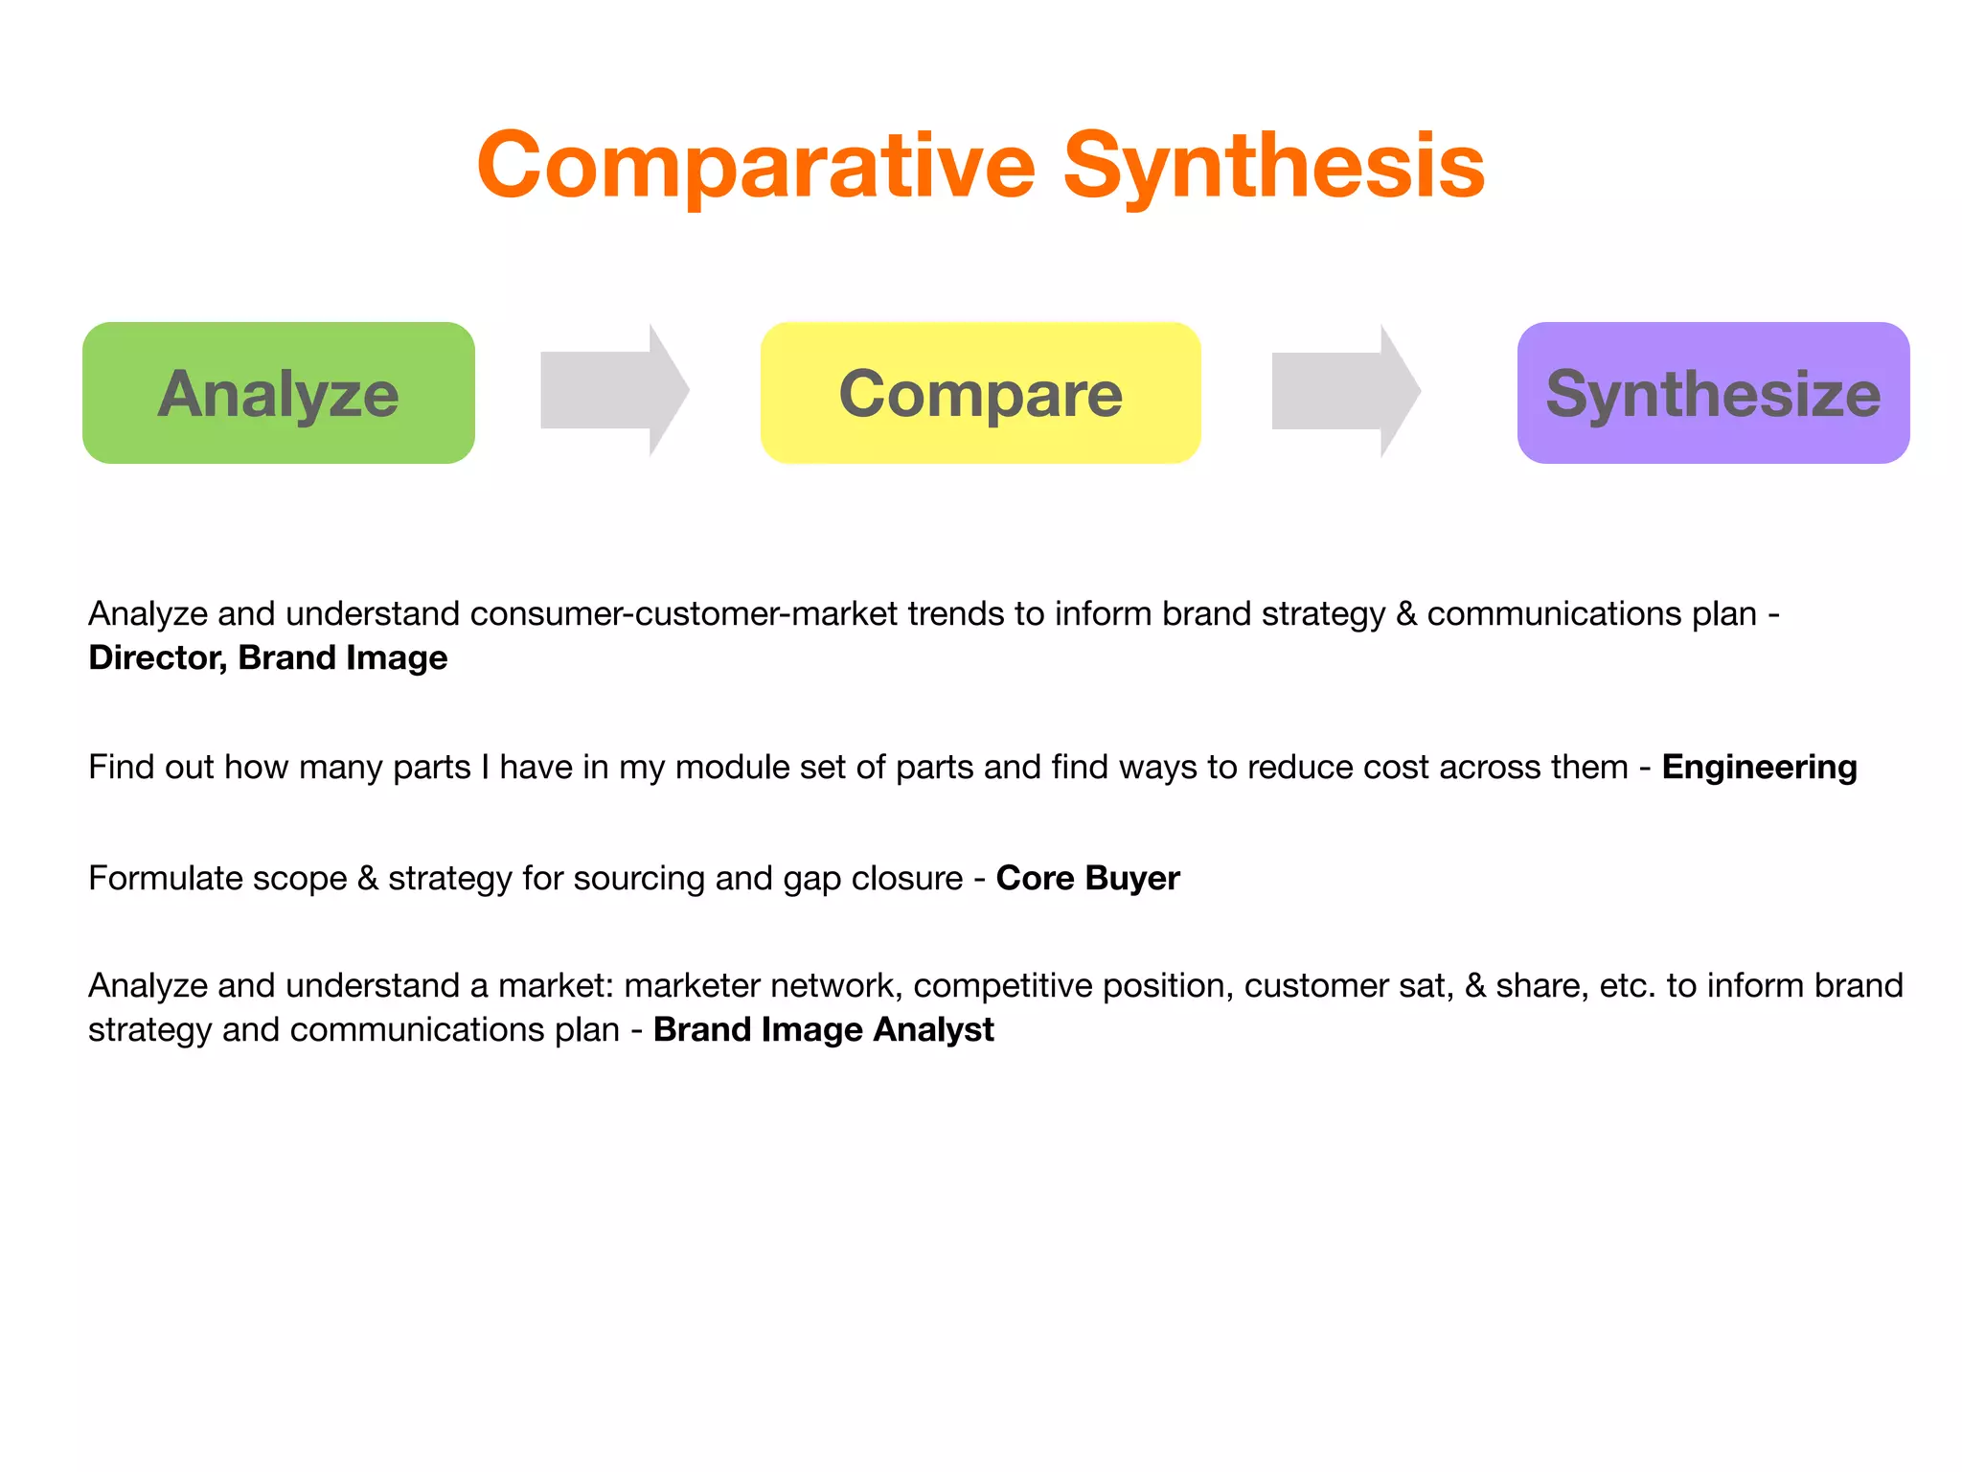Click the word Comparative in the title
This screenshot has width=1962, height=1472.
pyautogui.click(x=756, y=166)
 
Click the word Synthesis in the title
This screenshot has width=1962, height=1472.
pyautogui.click(x=1273, y=166)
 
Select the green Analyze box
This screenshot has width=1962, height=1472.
pyautogui.click(x=278, y=393)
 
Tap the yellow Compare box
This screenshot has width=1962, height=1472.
pyautogui.click(x=980, y=393)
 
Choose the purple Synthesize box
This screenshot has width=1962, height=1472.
pyautogui.click(x=1713, y=393)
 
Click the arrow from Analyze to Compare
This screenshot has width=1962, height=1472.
pyautogui.click(x=614, y=390)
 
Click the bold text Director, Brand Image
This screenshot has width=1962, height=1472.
pyautogui.click(x=267, y=658)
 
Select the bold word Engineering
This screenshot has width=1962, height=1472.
pyautogui.click(x=1759, y=768)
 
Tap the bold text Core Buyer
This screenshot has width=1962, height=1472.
pyautogui.click(x=1087, y=879)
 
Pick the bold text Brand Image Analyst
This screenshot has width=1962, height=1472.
pyautogui.click(x=823, y=1030)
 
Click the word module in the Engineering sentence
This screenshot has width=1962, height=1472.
pyautogui.click(x=733, y=768)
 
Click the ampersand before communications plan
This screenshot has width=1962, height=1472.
pyautogui.click(x=1405, y=614)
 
